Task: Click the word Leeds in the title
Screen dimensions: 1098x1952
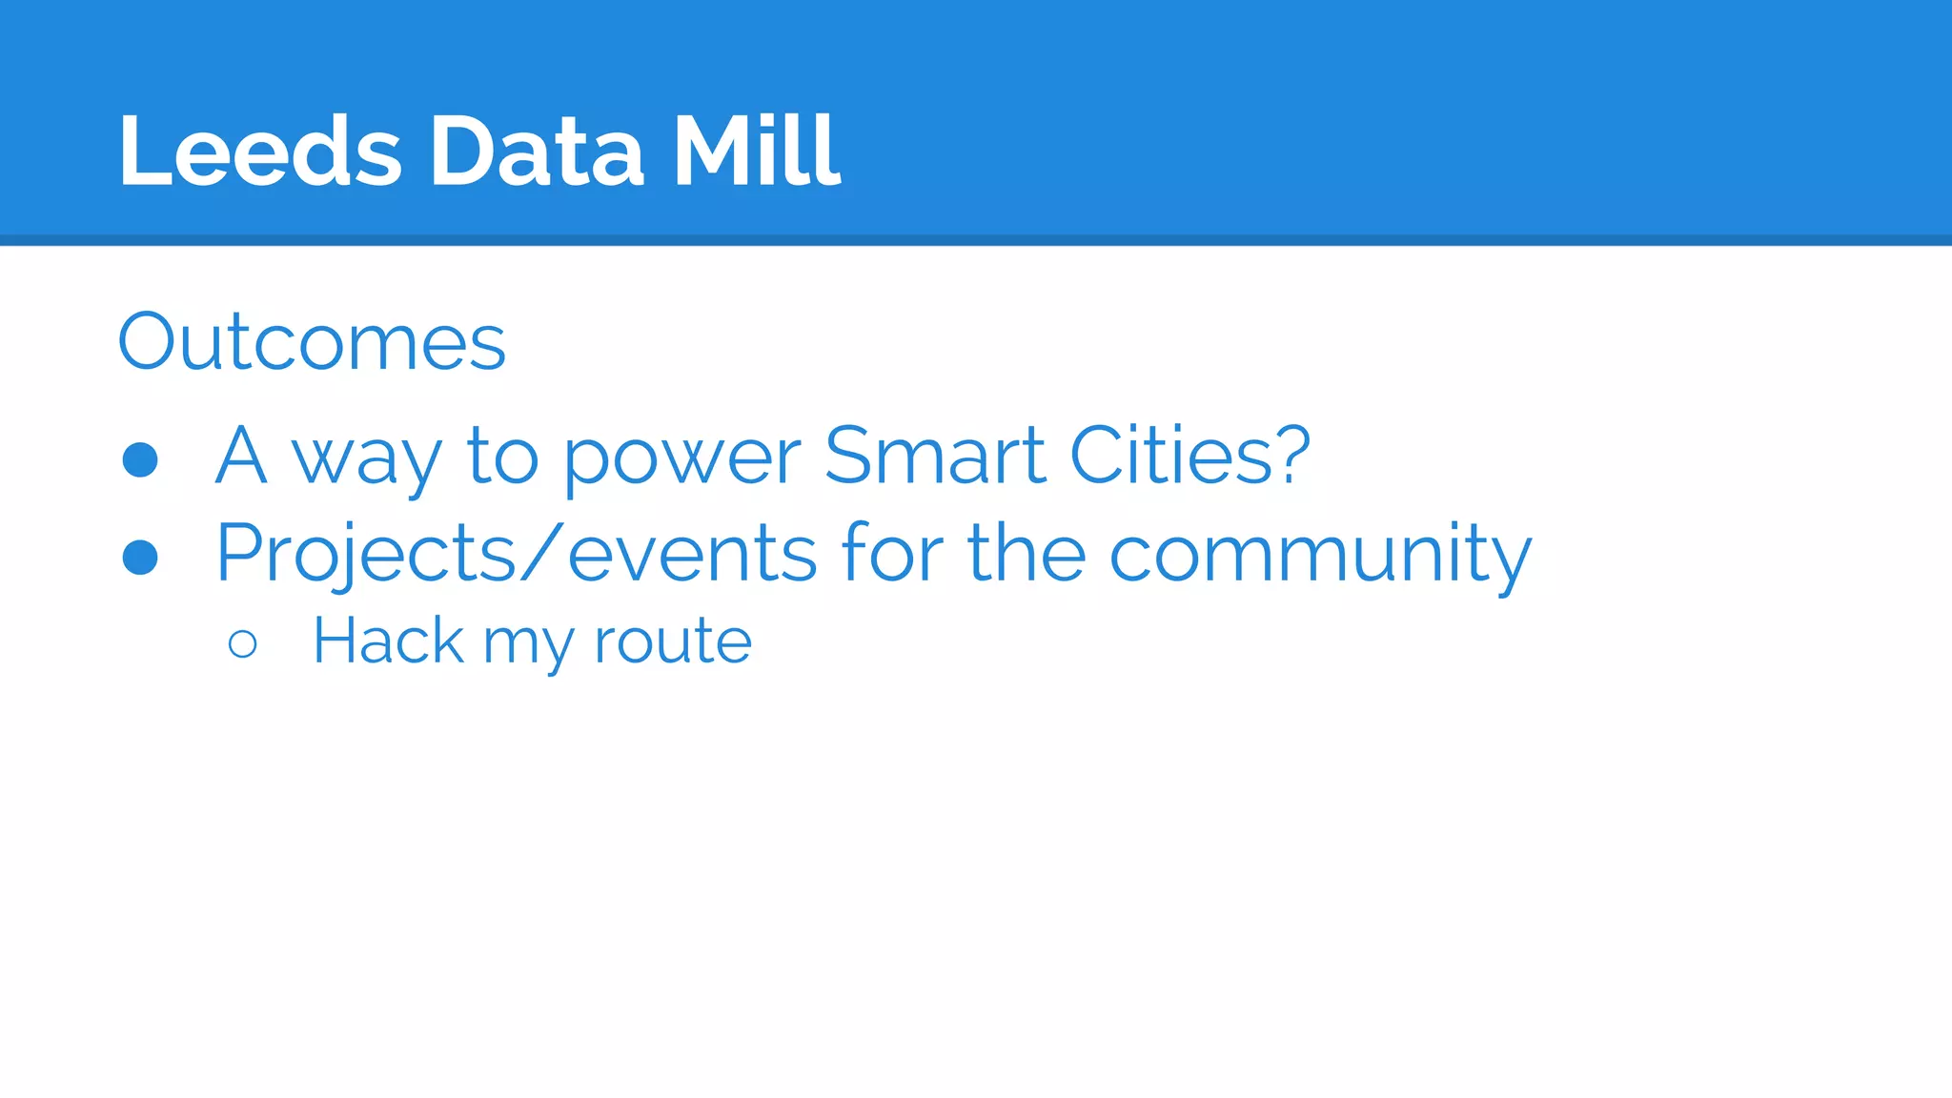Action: point(259,151)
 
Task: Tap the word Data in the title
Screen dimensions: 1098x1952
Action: point(537,151)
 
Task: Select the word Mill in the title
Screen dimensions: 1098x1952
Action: point(757,151)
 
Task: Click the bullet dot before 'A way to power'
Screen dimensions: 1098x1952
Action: point(140,459)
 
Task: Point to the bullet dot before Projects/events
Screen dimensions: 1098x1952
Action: point(140,558)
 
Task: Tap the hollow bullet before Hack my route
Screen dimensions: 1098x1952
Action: point(243,644)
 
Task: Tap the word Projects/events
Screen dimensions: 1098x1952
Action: point(516,555)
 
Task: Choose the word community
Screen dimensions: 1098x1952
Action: point(1320,555)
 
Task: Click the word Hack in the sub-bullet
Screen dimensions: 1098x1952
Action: point(388,640)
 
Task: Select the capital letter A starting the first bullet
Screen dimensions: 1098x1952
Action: point(240,456)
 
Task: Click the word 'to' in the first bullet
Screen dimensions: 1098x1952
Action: point(502,457)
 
